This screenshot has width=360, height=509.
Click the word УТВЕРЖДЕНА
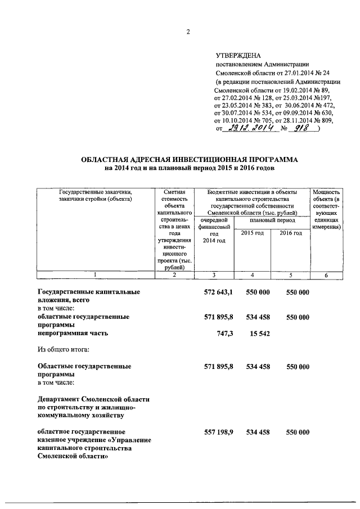(x=238, y=55)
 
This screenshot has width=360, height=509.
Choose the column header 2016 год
(x=290, y=233)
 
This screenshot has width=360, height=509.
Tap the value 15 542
(x=259, y=334)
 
